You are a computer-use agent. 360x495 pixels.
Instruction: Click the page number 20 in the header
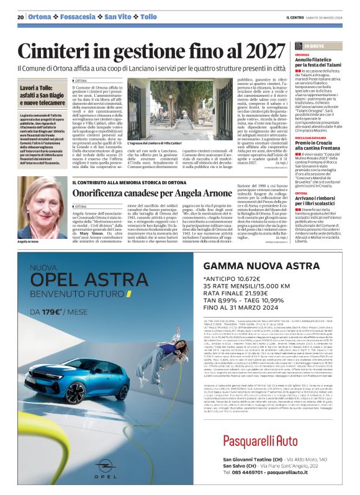pyautogui.click(x=20, y=17)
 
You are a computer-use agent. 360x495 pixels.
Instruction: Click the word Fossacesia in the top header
pyautogui.click(x=78, y=17)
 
